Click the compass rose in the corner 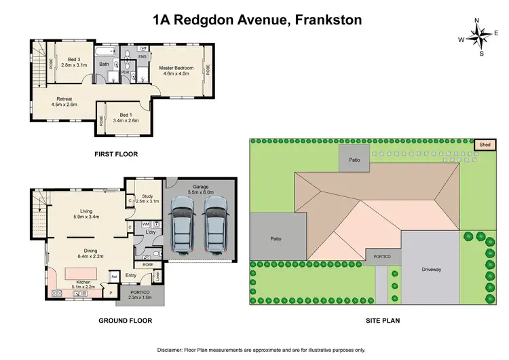tap(480, 38)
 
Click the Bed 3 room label tap(70, 62)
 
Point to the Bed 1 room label tap(129, 117)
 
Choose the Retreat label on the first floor tap(64, 102)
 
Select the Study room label tap(147, 198)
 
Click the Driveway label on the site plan tap(432, 270)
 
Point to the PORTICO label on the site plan tap(383, 256)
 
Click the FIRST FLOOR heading tap(116, 154)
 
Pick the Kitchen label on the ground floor tap(83, 282)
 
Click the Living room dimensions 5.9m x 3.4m tap(86, 217)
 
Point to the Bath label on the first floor tap(104, 65)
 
